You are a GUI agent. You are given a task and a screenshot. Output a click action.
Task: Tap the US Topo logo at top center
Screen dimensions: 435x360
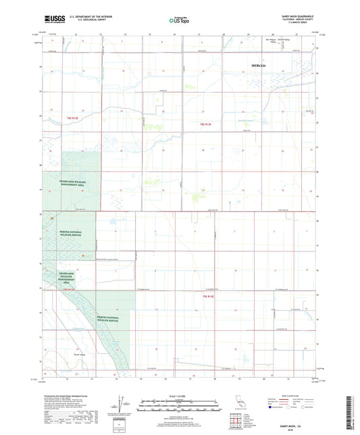click(x=178, y=20)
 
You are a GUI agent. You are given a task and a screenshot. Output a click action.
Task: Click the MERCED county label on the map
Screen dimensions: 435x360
click(x=259, y=65)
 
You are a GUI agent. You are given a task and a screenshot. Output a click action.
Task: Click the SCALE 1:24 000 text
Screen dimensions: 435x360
click(x=180, y=395)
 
